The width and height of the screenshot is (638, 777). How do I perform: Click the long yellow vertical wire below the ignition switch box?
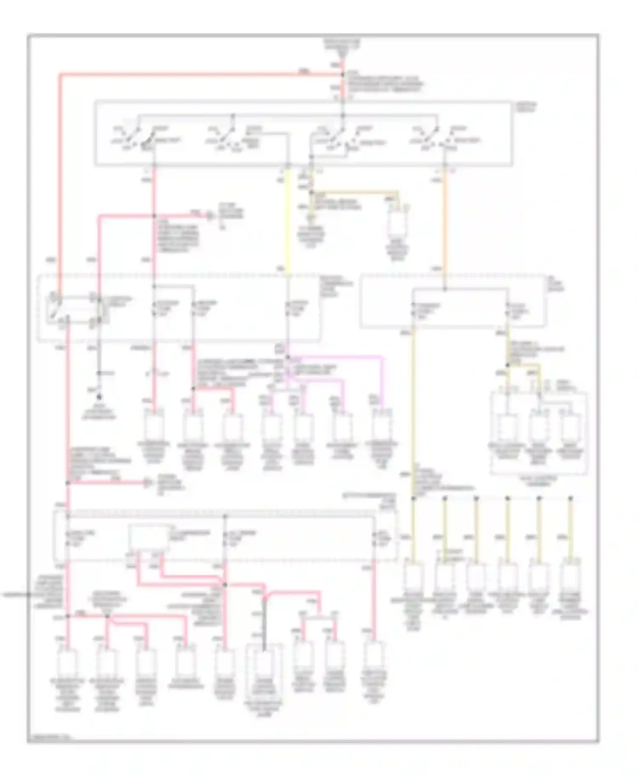(288, 221)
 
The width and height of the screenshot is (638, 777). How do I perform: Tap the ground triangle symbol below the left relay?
(99, 397)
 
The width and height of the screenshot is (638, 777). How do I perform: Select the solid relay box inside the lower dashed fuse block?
(149, 538)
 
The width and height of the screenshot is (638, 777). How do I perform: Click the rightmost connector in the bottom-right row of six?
(570, 578)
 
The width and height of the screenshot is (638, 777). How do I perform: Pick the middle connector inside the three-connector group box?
(538, 427)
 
